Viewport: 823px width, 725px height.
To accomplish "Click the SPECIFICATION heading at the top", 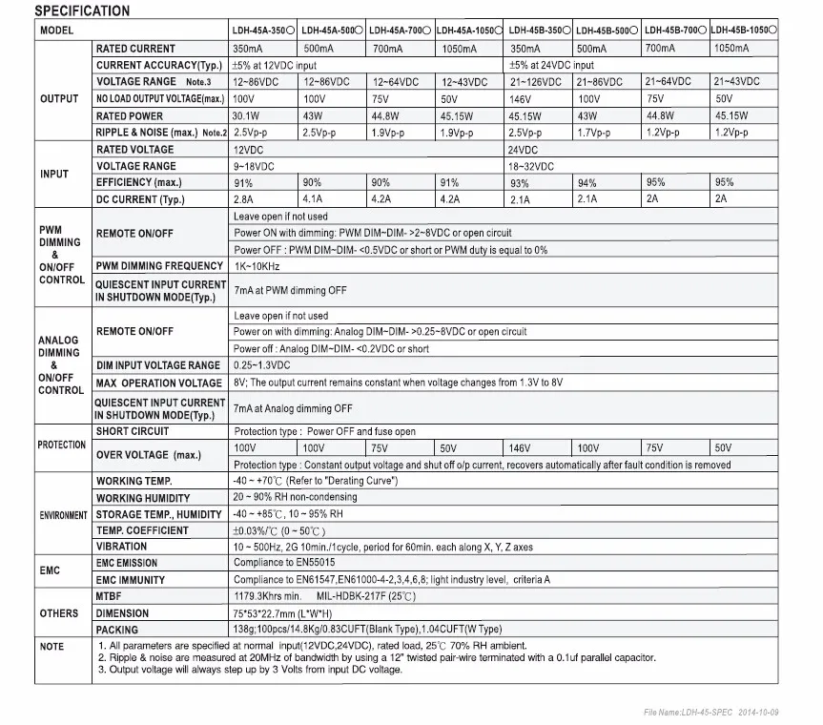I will coord(82,11).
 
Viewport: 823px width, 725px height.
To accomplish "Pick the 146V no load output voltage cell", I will coord(521,99).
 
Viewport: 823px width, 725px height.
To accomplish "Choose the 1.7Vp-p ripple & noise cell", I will coord(594,133).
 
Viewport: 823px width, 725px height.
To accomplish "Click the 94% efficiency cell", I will coord(587,182).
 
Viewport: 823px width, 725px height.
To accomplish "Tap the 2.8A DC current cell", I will coord(242,199).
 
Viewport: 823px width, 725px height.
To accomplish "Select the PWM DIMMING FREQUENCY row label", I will coord(159,266).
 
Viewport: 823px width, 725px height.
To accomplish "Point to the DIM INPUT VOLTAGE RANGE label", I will coord(158,365).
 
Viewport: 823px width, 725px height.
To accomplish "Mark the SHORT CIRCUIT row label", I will coord(133,431).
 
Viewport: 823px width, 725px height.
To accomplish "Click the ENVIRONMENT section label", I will coord(63,515).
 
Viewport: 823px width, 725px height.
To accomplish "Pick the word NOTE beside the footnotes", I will coord(51,647).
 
